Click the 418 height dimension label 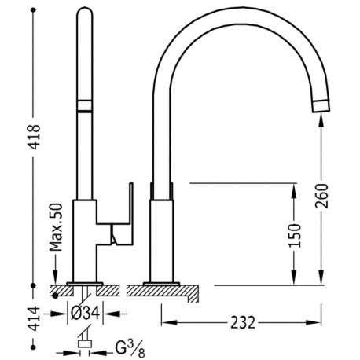coord(35,137)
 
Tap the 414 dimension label coord(35,318)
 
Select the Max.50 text coord(57,227)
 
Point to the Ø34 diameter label coord(85,313)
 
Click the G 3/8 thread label coord(130,349)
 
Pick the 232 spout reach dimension coord(243,322)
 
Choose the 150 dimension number coord(295,235)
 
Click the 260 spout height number coord(321,196)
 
